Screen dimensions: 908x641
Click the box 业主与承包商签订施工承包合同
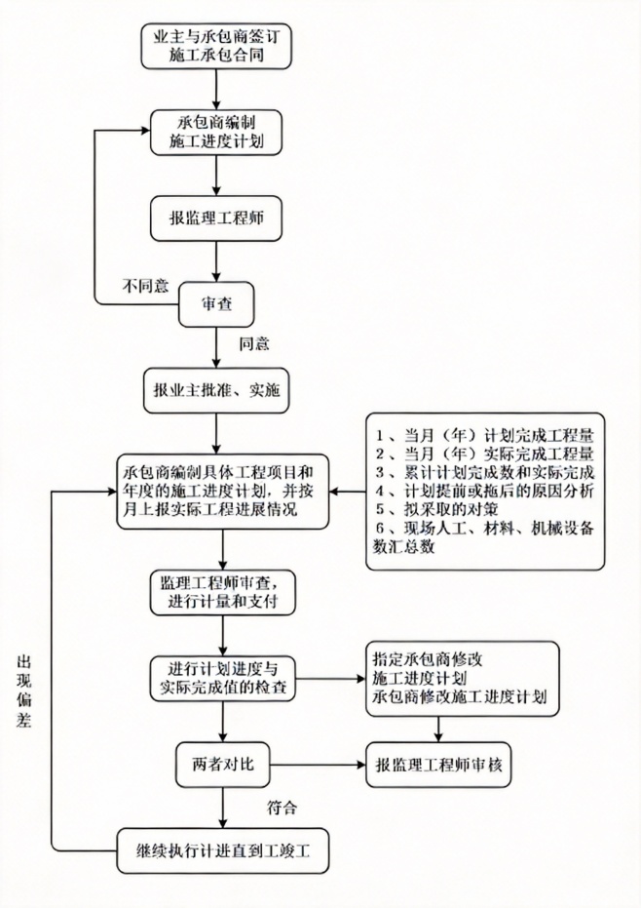215,47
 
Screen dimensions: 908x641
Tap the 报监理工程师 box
215,219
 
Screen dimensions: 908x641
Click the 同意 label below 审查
254,343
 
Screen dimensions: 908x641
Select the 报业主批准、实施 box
215,390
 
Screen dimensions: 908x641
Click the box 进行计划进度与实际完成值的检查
224,678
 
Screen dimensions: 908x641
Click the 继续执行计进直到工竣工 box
224,849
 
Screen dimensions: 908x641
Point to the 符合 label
282,808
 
